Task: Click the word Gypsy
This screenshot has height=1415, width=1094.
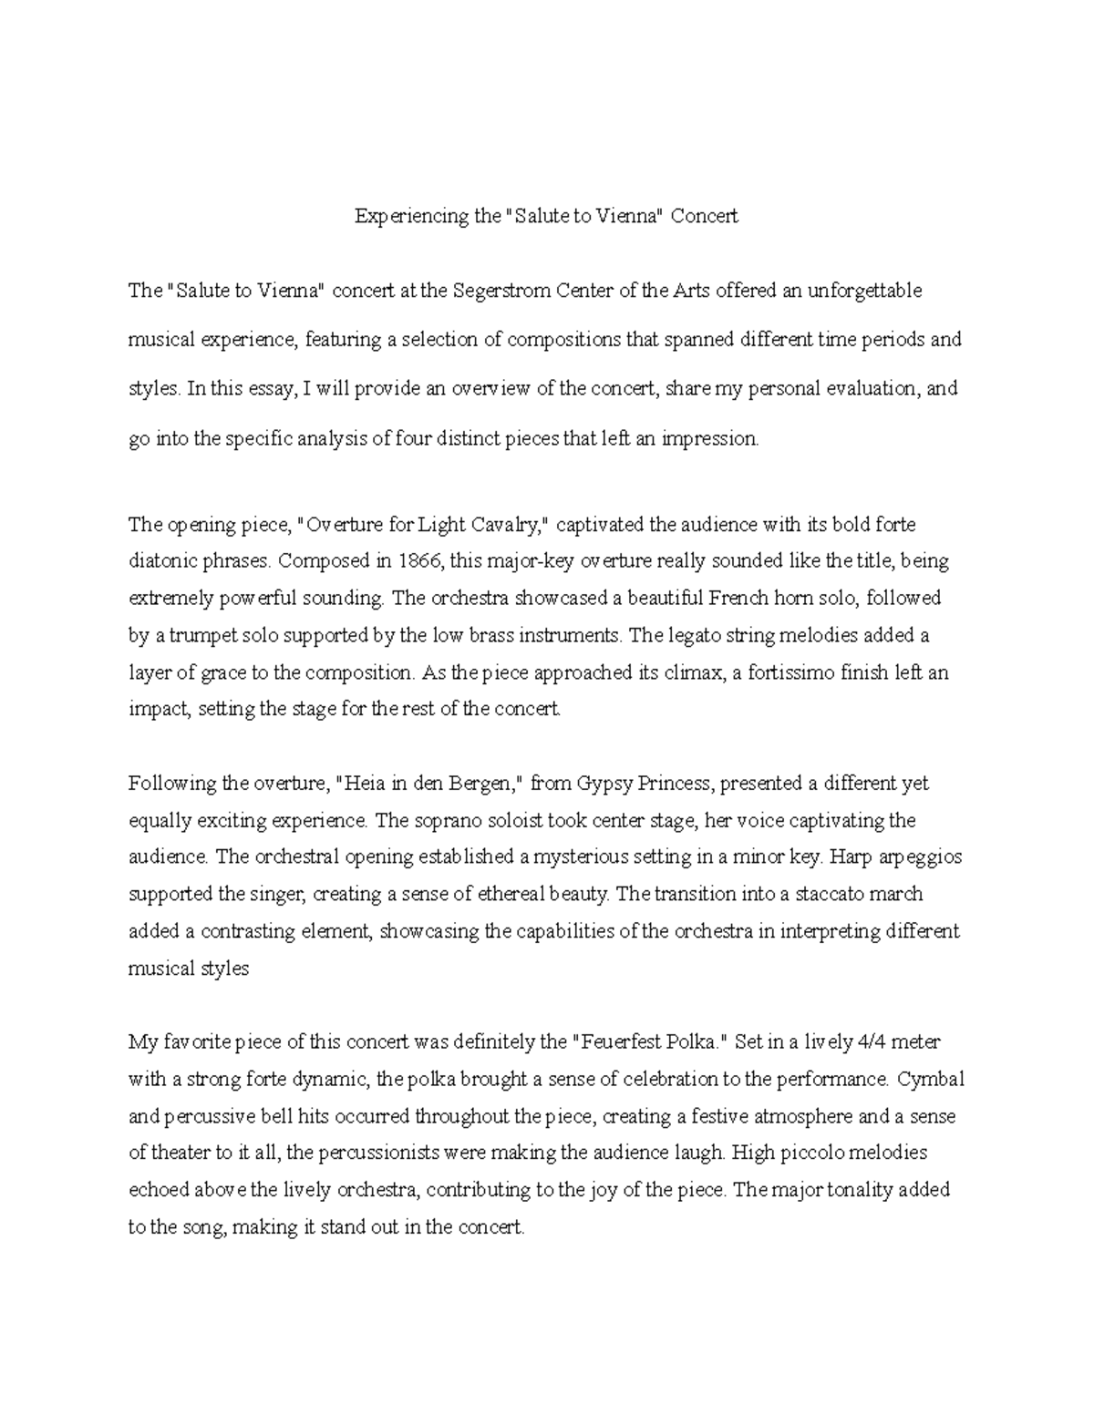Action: pos(614,784)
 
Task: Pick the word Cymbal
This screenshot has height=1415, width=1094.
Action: pos(930,1080)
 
